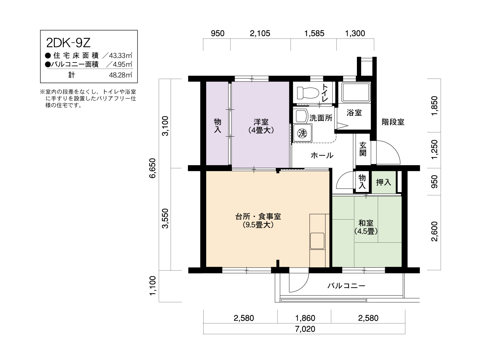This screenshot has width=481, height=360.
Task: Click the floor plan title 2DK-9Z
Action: click(x=68, y=43)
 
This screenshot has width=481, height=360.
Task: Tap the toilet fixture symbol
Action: click(x=308, y=93)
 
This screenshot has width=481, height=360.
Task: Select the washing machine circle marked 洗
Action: click(x=302, y=133)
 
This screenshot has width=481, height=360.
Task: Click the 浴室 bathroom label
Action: click(x=354, y=113)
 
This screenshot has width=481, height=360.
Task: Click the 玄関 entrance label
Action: click(x=363, y=149)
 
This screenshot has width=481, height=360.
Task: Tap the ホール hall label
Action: click(x=322, y=155)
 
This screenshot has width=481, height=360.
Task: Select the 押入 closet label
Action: click(x=384, y=182)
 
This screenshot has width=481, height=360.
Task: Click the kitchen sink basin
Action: click(x=317, y=241)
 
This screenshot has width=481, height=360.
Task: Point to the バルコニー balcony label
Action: click(x=346, y=286)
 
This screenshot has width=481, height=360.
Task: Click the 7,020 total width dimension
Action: click(x=305, y=329)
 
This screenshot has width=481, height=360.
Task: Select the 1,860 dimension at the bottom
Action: click(x=305, y=318)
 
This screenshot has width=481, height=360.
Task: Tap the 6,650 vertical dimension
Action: click(x=153, y=168)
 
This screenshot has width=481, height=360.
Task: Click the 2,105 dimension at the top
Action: click(x=260, y=34)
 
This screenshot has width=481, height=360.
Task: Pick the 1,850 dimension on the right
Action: click(x=434, y=105)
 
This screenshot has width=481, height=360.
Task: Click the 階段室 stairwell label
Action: click(x=393, y=122)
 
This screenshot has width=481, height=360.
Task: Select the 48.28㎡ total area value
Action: click(x=121, y=75)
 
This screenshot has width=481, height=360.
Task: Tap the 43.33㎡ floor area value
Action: click(x=121, y=55)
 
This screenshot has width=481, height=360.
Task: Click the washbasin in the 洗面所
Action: click(x=301, y=116)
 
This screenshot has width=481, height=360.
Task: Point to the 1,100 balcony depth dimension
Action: click(x=153, y=286)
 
